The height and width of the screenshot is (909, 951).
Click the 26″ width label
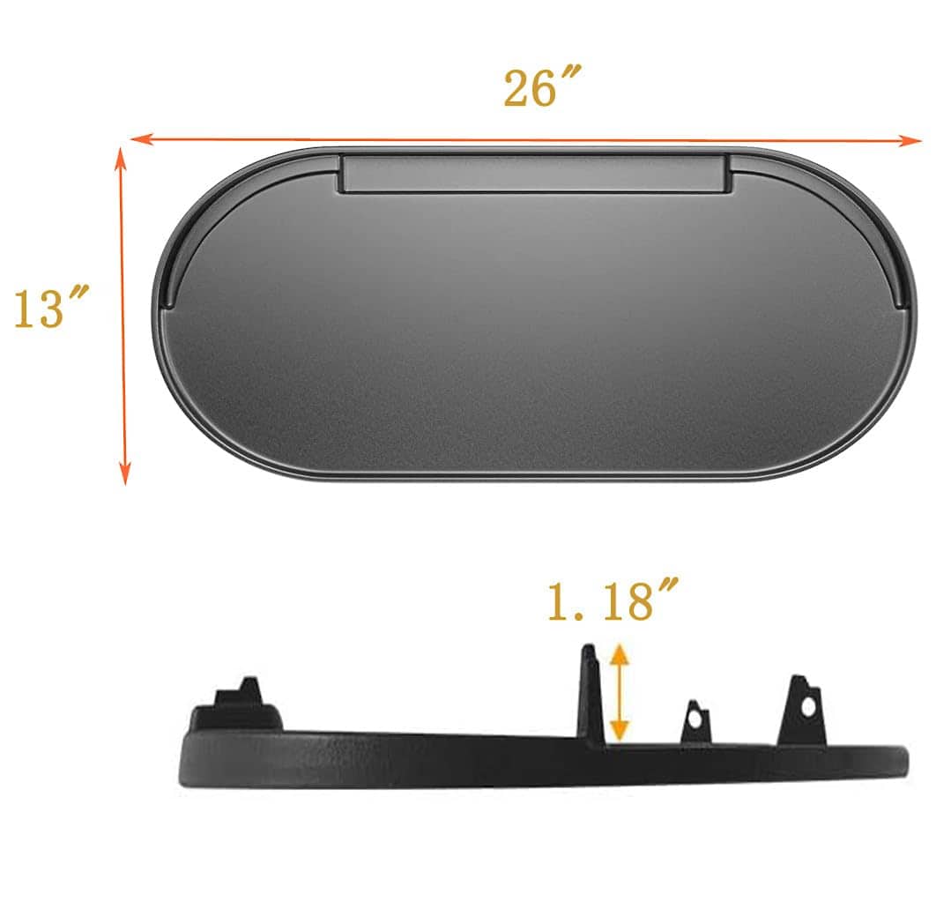[542, 87]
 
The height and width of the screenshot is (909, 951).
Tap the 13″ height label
[51, 308]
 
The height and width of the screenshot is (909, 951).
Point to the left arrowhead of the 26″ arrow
[139, 139]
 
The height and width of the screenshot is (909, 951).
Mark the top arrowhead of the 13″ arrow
[121, 154]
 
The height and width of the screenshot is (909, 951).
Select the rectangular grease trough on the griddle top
[534, 175]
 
